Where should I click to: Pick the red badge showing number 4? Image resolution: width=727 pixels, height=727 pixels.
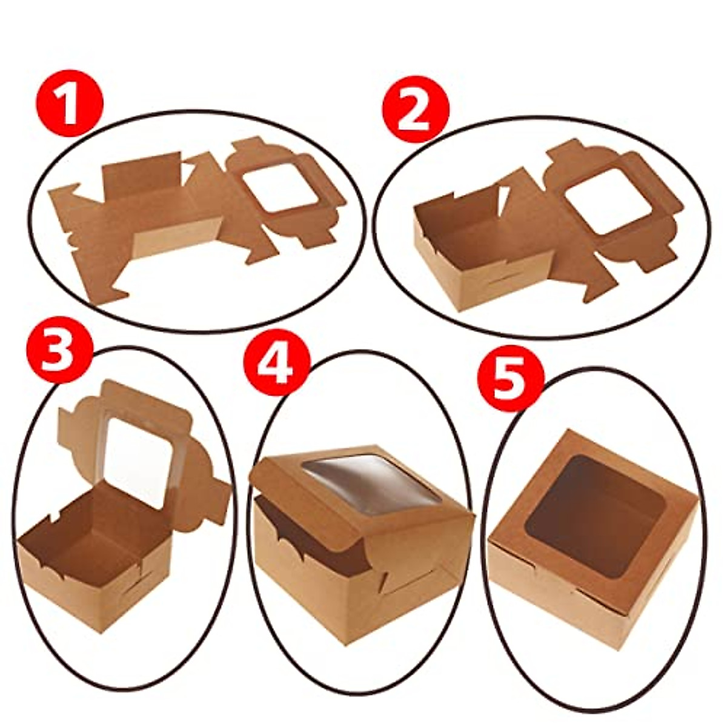pos(276,365)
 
